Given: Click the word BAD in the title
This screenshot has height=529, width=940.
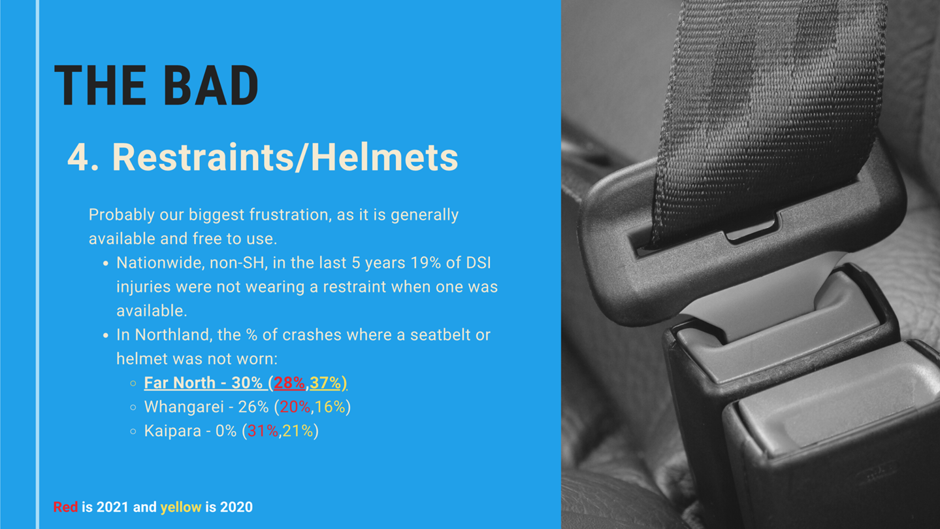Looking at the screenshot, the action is pos(210,85).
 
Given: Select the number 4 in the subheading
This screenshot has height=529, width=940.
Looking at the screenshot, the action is pos(78,158).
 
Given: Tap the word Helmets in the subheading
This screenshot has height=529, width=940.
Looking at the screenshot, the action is pos(384,157).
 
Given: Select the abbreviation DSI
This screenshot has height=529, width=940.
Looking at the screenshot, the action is pos(478,263).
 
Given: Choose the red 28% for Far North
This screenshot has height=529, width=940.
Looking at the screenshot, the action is pos(289,383).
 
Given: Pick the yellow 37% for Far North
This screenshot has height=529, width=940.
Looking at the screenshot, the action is pos(325,383).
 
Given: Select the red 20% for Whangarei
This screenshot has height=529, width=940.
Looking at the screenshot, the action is pos(295,407).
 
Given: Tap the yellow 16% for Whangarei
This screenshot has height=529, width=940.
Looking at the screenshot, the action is pos(331,407).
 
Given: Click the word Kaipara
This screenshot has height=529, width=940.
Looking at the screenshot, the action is pos(172,431).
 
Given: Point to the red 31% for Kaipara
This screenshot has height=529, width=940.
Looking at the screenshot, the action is pos(263,431).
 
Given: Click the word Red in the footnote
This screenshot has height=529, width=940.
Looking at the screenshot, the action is pos(65,507).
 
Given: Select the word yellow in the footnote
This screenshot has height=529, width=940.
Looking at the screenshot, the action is pos(181,507).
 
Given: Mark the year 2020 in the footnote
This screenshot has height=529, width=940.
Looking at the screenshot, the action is pos(236,507).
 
